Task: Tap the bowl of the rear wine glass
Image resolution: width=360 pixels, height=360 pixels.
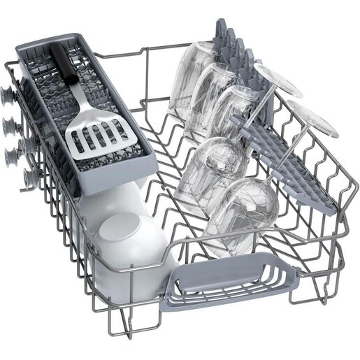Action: (217, 164)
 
